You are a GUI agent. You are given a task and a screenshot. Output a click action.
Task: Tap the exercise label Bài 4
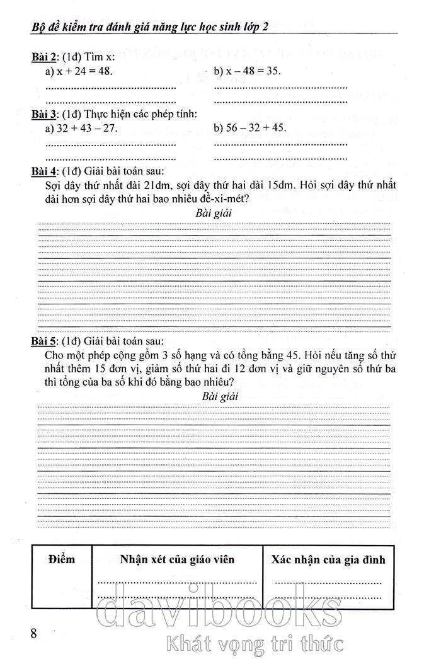tap(44, 171)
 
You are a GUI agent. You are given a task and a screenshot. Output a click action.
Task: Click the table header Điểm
tap(61, 559)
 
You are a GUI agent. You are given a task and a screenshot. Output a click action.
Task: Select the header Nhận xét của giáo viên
tap(177, 559)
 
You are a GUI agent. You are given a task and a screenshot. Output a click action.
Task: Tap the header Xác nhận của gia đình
tap(328, 559)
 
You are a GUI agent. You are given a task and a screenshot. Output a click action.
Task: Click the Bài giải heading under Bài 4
tap(214, 214)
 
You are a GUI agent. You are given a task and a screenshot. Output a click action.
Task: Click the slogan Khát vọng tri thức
tap(253, 644)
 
